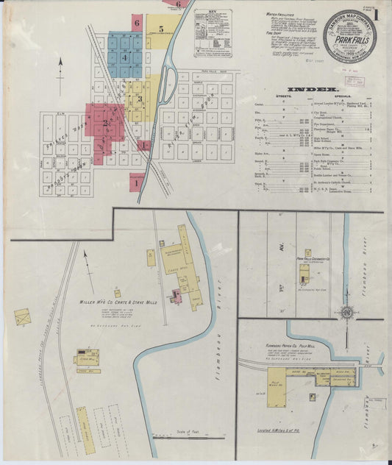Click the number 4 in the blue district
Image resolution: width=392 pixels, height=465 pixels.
125,57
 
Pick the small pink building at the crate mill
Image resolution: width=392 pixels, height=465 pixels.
176,296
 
